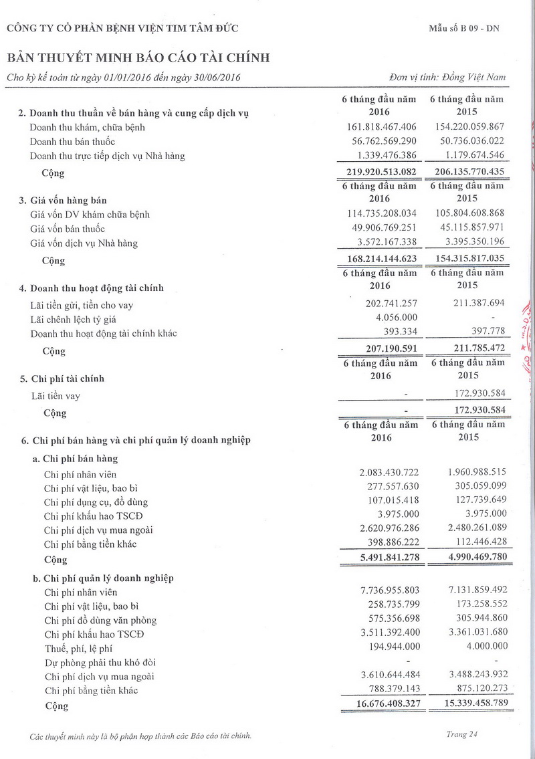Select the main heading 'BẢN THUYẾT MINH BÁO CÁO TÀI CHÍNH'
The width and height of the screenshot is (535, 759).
138,58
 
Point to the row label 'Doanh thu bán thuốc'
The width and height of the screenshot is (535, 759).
73,141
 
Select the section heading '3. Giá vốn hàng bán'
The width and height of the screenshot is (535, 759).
64,201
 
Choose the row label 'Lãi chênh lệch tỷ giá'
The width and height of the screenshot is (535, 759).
74,320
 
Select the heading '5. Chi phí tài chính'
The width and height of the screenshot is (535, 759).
62,378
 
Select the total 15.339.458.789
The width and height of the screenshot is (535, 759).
467,703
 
